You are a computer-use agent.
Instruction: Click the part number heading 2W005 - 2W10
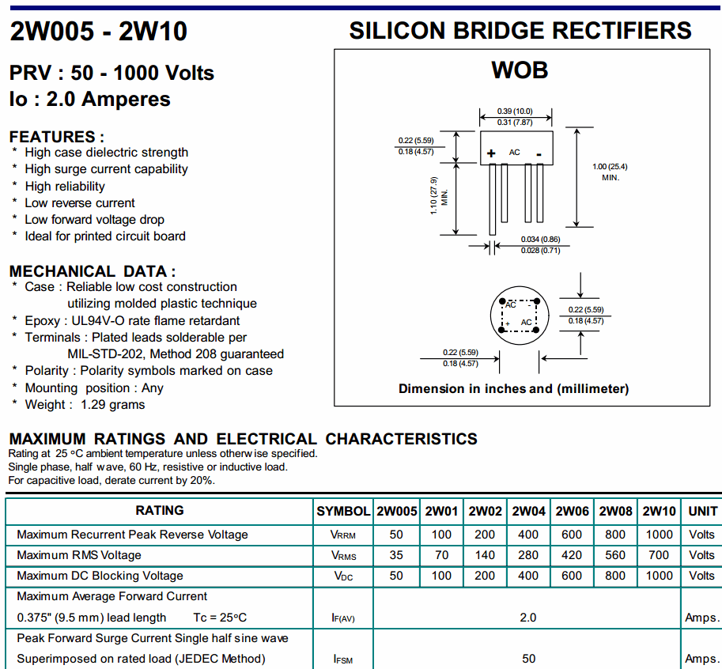coord(99,32)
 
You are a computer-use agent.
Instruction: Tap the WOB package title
coord(520,70)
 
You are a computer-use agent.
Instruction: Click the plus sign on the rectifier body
coord(491,153)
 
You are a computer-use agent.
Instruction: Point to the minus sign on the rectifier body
coord(539,152)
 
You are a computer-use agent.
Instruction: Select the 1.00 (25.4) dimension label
coord(610,166)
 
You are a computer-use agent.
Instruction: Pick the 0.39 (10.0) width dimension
coord(515,111)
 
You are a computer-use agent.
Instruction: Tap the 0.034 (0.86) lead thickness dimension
coord(540,239)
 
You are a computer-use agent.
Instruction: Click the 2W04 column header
coord(529,511)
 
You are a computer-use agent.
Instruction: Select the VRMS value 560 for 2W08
coord(615,555)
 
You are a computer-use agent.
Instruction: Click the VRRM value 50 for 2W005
coord(397,535)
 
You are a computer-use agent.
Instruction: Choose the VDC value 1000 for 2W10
coord(659,576)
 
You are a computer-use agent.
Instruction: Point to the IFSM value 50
coord(528,659)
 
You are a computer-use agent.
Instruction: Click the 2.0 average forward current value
coord(528,617)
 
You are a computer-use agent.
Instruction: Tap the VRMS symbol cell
coord(342,555)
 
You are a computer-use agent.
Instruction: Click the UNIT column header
coord(702,511)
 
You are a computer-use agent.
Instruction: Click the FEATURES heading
coord(56,137)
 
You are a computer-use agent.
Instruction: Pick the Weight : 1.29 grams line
coord(85,404)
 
